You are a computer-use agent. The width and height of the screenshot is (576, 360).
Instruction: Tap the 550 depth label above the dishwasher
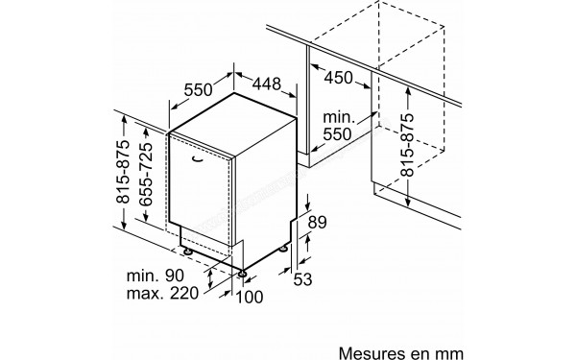pos(197,91)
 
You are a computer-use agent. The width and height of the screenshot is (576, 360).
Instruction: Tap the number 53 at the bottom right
pos(303,279)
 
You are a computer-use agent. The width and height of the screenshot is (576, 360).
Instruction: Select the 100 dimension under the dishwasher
pos(249,299)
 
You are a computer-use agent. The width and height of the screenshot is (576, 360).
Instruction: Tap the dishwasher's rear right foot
pos(285,249)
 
